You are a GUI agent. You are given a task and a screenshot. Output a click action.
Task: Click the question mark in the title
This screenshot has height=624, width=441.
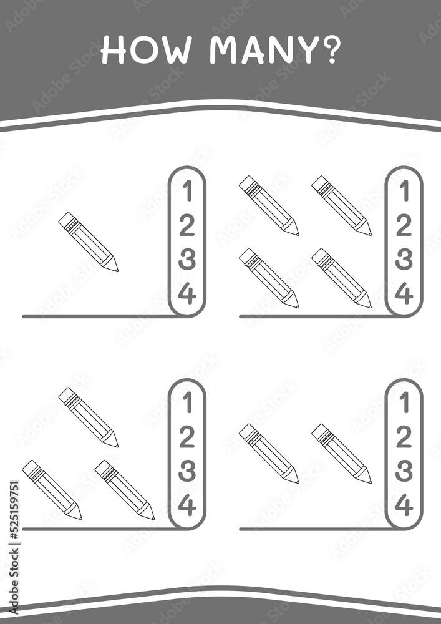pyautogui.click(x=329, y=51)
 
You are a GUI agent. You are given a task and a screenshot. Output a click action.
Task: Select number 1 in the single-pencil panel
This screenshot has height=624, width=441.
pyautogui.click(x=188, y=192)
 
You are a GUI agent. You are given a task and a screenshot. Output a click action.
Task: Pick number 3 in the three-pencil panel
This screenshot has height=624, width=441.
pyautogui.click(x=187, y=471)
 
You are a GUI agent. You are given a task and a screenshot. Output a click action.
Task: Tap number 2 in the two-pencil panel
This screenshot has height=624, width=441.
pyautogui.click(x=403, y=437)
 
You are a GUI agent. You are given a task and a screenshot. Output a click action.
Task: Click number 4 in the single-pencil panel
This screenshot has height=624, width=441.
pyautogui.click(x=187, y=295)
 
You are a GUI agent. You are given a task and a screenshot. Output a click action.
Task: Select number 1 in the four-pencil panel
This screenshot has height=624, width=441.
pyautogui.click(x=404, y=192)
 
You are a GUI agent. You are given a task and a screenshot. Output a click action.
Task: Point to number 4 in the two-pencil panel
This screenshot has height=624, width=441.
pyautogui.click(x=403, y=506)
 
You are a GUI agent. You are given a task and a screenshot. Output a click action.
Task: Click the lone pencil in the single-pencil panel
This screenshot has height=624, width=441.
pyautogui.click(x=89, y=242)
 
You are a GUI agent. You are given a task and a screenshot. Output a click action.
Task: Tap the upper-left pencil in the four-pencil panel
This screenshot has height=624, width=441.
pyautogui.click(x=269, y=206)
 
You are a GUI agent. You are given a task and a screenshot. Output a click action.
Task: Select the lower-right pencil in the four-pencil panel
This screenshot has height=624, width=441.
pyautogui.click(x=342, y=278)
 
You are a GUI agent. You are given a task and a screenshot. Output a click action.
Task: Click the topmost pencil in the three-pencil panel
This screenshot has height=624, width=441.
pyautogui.click(x=89, y=417)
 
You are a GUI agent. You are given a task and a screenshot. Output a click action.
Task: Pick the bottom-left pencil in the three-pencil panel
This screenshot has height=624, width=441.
pyautogui.click(x=52, y=490)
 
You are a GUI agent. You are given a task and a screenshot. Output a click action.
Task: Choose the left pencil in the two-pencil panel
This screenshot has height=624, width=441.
pyautogui.click(x=269, y=454)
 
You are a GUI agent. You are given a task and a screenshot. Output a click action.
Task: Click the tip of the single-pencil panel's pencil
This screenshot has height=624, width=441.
pyautogui.click(x=117, y=271)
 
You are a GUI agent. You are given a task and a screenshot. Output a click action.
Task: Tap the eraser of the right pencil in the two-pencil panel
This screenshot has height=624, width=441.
pyautogui.click(x=319, y=431)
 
